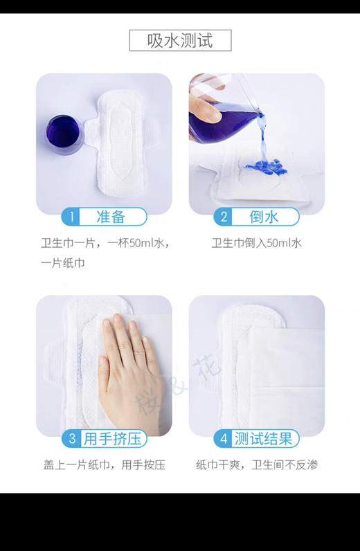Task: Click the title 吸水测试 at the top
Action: [180, 40]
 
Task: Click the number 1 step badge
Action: [70, 217]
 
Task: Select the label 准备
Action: [111, 217]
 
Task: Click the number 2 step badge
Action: [224, 217]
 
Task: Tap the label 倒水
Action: [264, 217]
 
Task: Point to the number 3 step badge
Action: [71, 439]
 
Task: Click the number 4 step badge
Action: [224, 439]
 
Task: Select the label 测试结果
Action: [264, 439]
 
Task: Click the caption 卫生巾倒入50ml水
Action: [257, 243]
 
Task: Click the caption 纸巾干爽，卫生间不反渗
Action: [257, 464]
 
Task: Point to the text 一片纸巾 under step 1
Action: [63, 264]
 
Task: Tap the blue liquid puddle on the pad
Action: [267, 166]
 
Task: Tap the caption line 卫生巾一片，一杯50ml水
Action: [104, 243]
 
